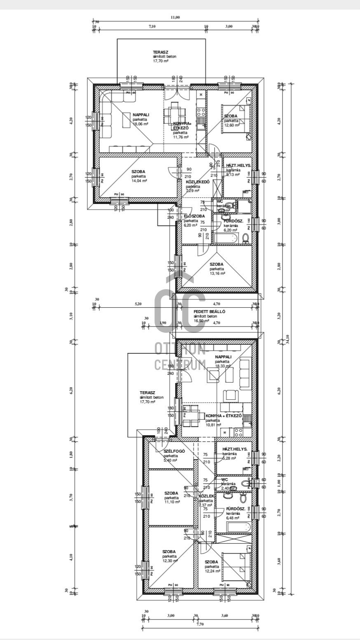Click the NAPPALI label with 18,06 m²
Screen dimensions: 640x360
(141, 115)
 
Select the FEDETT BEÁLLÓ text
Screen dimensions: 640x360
(209, 312)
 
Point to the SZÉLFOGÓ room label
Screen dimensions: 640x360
(174, 451)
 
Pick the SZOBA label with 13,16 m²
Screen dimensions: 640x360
(216, 264)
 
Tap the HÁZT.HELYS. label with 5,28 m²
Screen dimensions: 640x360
(235, 449)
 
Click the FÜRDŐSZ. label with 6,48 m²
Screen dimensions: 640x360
(235, 509)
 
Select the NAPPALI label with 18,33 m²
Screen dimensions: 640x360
(223, 357)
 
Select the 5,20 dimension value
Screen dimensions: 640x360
(138, 304)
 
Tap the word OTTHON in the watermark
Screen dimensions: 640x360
(180, 349)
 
